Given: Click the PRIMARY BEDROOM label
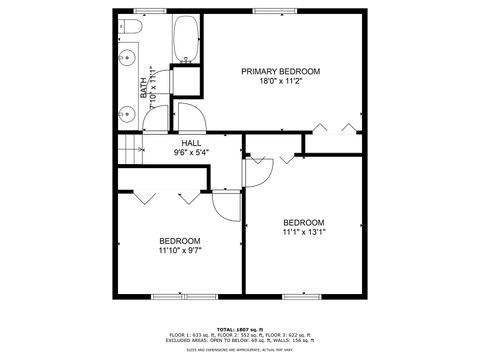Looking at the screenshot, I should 280,71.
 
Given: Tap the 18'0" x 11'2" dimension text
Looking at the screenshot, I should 280,82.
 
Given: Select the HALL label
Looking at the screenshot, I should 191,143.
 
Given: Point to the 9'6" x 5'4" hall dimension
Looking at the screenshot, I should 191,153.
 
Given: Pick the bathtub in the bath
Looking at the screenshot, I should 185,40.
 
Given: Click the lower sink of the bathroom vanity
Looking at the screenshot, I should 126,113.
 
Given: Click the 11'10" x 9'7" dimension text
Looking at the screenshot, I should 180,252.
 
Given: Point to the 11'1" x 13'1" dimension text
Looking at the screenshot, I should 303,232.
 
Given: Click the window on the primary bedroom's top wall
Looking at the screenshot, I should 267,11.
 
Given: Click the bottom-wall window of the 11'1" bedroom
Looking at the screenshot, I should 299,296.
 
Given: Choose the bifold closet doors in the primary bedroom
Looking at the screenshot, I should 333,128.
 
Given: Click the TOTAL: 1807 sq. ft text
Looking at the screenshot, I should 240,328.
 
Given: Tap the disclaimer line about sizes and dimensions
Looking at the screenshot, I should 240,349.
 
